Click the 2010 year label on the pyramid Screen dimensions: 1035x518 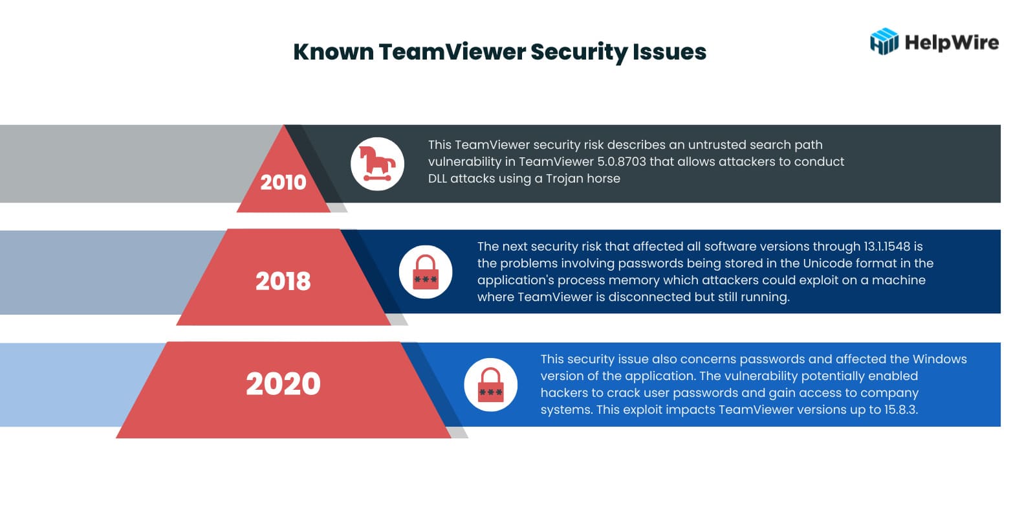(x=283, y=182)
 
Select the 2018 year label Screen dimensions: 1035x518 (x=283, y=281)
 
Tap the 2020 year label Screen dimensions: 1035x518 (x=283, y=384)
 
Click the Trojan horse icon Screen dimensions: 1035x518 (x=378, y=164)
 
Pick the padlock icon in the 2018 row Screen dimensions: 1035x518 (x=426, y=272)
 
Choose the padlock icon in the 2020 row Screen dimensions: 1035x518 (x=491, y=385)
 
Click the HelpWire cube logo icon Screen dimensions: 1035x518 (x=884, y=41)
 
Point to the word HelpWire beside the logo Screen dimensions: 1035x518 (x=952, y=43)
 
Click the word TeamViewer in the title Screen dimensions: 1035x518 (x=452, y=52)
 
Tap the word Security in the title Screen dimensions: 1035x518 (x=580, y=52)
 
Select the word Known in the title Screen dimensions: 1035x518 (x=334, y=52)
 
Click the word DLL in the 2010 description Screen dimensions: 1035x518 (x=437, y=179)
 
